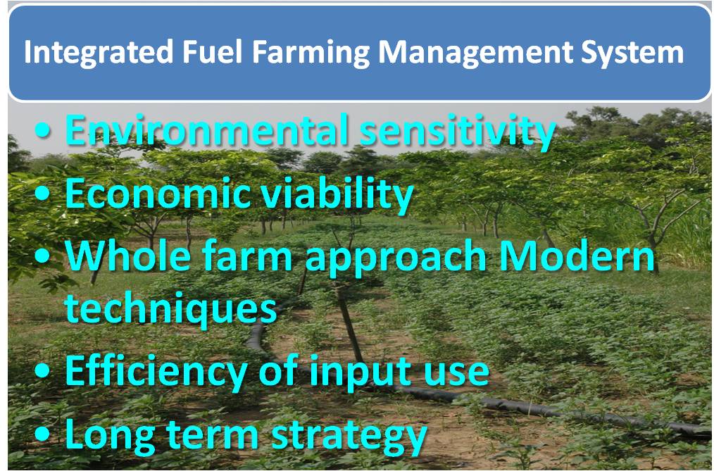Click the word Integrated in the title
point(99,53)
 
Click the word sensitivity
point(457,132)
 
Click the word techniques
point(171,308)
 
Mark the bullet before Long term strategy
point(42,434)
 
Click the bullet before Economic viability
point(42,194)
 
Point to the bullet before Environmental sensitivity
point(42,130)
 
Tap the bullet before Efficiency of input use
point(42,371)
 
